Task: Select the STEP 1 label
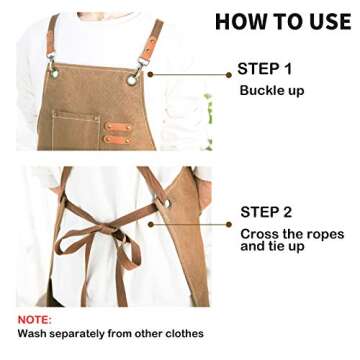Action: click(264, 70)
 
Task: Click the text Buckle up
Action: click(271, 91)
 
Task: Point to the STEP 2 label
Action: click(266, 212)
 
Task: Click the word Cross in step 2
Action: click(259, 233)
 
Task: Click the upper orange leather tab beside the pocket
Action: click(117, 126)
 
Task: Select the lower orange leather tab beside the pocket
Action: click(117, 139)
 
